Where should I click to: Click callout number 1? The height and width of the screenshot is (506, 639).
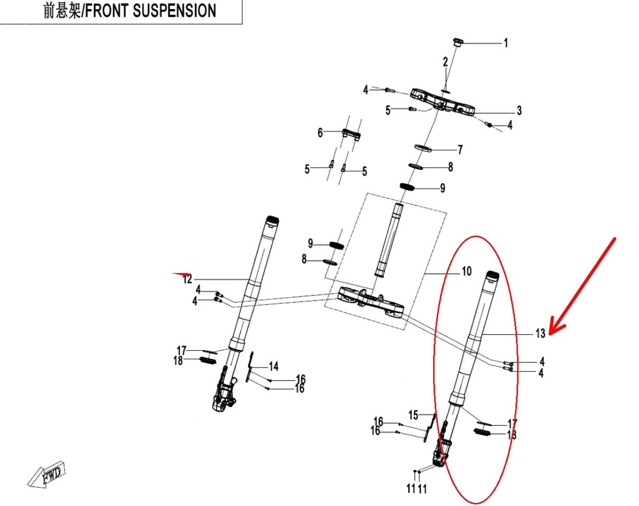tap(505, 43)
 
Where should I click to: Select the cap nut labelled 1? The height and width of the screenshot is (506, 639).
tap(457, 42)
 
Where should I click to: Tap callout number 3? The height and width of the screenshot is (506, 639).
tap(519, 110)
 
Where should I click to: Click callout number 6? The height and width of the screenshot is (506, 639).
tap(320, 133)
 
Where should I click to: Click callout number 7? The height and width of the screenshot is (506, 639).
tap(460, 150)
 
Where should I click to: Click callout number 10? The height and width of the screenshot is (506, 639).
tap(466, 272)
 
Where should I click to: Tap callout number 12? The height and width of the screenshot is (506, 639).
tap(187, 279)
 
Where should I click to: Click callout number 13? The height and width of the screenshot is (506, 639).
tap(540, 334)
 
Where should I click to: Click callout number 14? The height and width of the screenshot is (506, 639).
tap(274, 367)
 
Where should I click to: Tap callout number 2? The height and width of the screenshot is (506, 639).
tap(445, 62)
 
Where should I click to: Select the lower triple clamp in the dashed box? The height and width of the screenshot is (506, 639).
tap(372, 303)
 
